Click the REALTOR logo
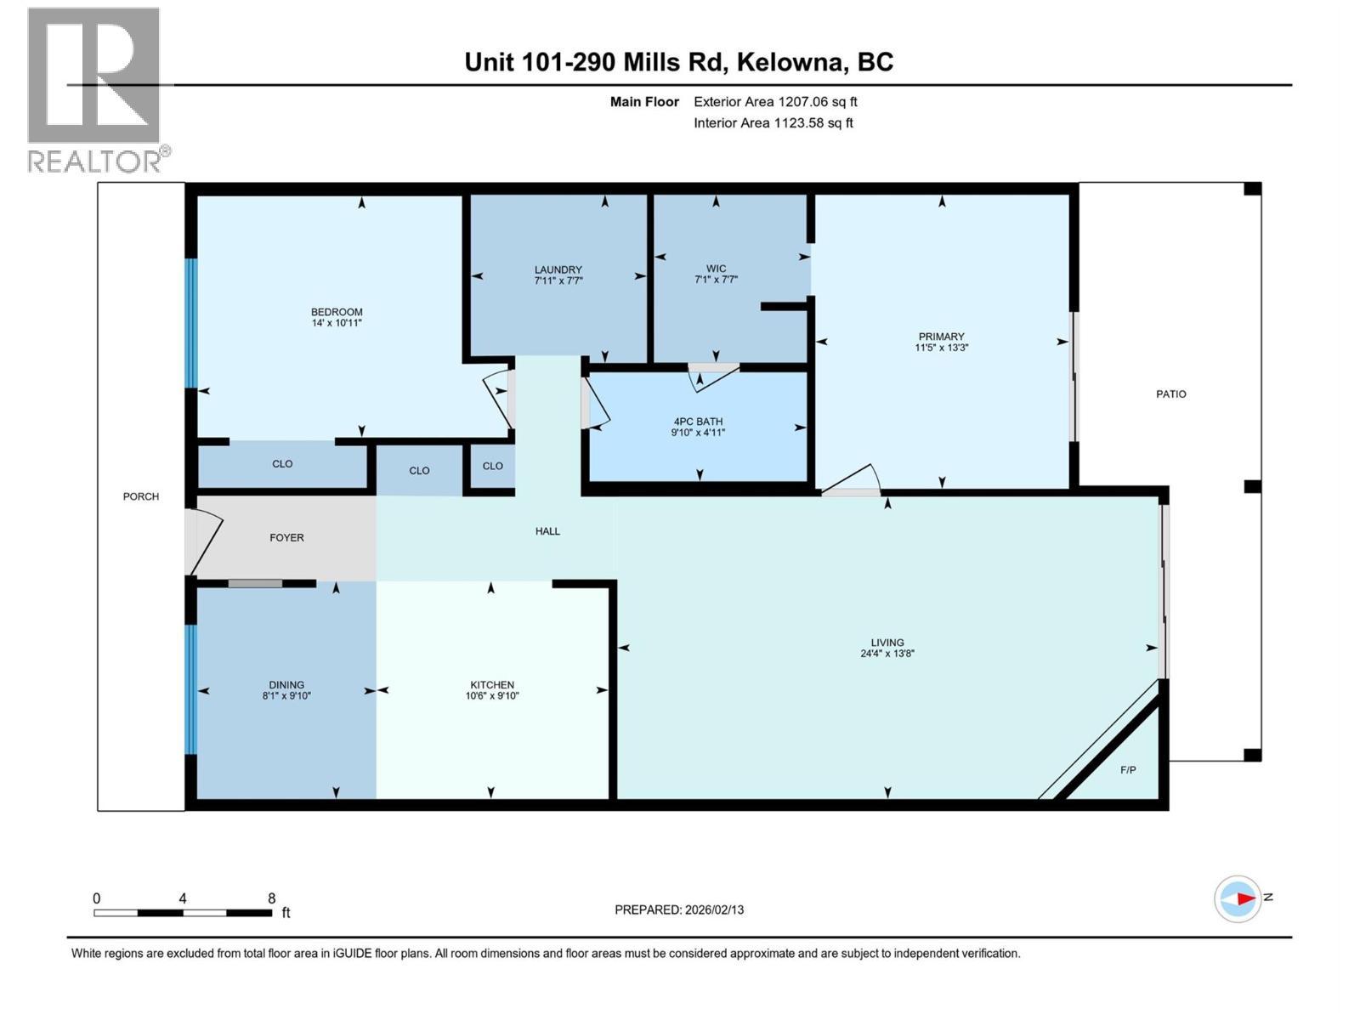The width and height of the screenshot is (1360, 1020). (x=94, y=89)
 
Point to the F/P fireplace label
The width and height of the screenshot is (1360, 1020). (x=1128, y=770)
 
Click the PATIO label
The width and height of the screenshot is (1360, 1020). (x=1170, y=394)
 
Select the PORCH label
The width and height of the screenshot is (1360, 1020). (x=141, y=496)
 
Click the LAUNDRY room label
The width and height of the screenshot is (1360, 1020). (x=558, y=269)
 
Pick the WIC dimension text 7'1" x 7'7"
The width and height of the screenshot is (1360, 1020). (x=716, y=280)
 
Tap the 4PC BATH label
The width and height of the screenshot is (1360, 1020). (x=698, y=422)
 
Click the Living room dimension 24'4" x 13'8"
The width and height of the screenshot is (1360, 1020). (x=887, y=654)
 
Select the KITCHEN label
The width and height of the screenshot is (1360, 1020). (x=492, y=685)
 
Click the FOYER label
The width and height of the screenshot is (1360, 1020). (x=286, y=537)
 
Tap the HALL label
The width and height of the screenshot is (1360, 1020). (x=547, y=531)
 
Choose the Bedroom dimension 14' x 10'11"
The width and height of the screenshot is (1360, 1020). (x=337, y=323)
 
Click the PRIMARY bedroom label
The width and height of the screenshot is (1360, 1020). (x=941, y=337)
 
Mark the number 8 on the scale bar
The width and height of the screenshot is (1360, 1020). (x=271, y=898)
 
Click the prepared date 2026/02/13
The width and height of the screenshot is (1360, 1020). (x=712, y=909)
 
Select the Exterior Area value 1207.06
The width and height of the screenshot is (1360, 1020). (x=803, y=102)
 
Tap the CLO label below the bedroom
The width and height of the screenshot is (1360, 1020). (x=282, y=464)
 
